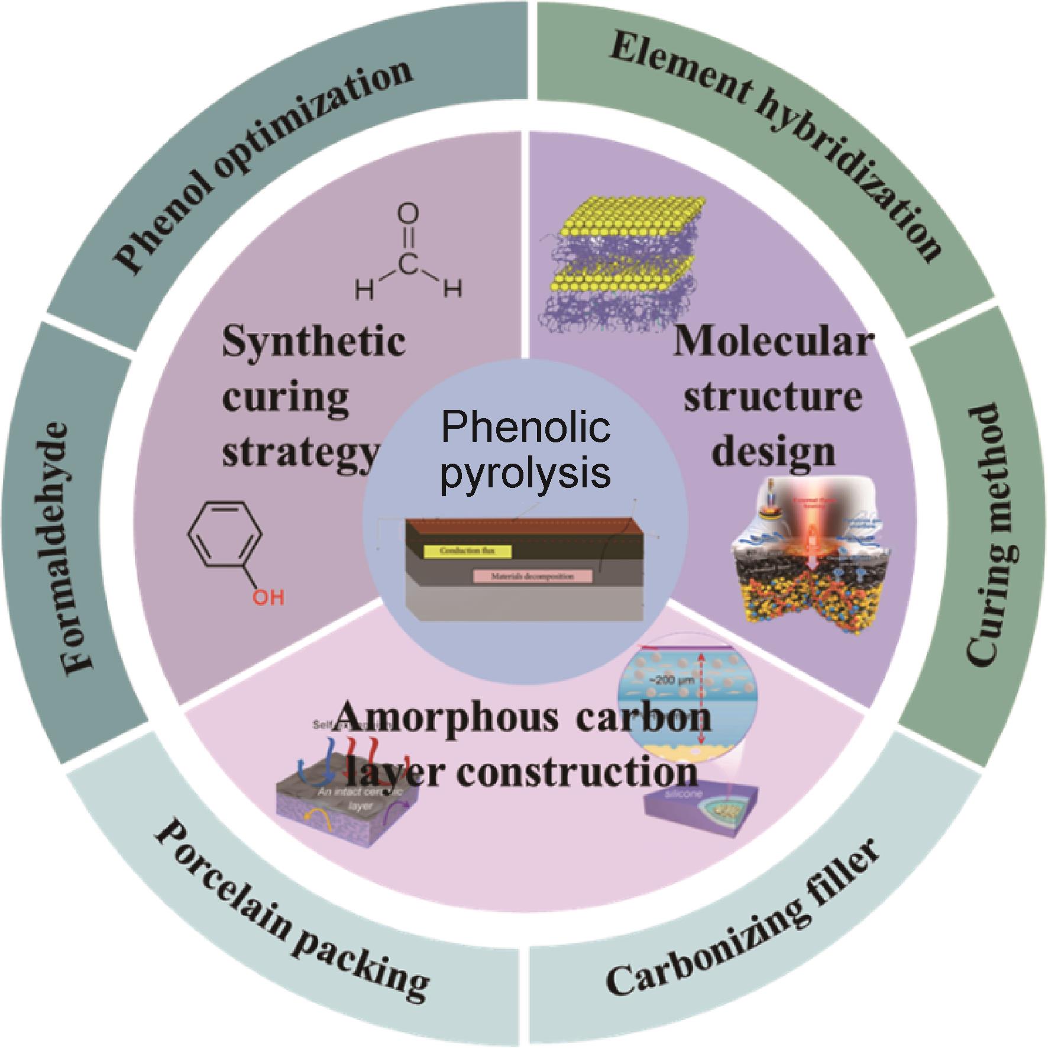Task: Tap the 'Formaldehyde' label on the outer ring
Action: (x=71, y=544)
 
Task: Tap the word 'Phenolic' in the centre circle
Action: (x=525, y=427)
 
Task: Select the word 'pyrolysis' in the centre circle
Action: (x=525, y=473)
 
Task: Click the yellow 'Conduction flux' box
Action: (x=467, y=551)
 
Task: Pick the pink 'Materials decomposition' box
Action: (x=532, y=575)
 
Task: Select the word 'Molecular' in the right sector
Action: (x=774, y=342)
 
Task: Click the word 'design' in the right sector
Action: (x=774, y=452)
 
